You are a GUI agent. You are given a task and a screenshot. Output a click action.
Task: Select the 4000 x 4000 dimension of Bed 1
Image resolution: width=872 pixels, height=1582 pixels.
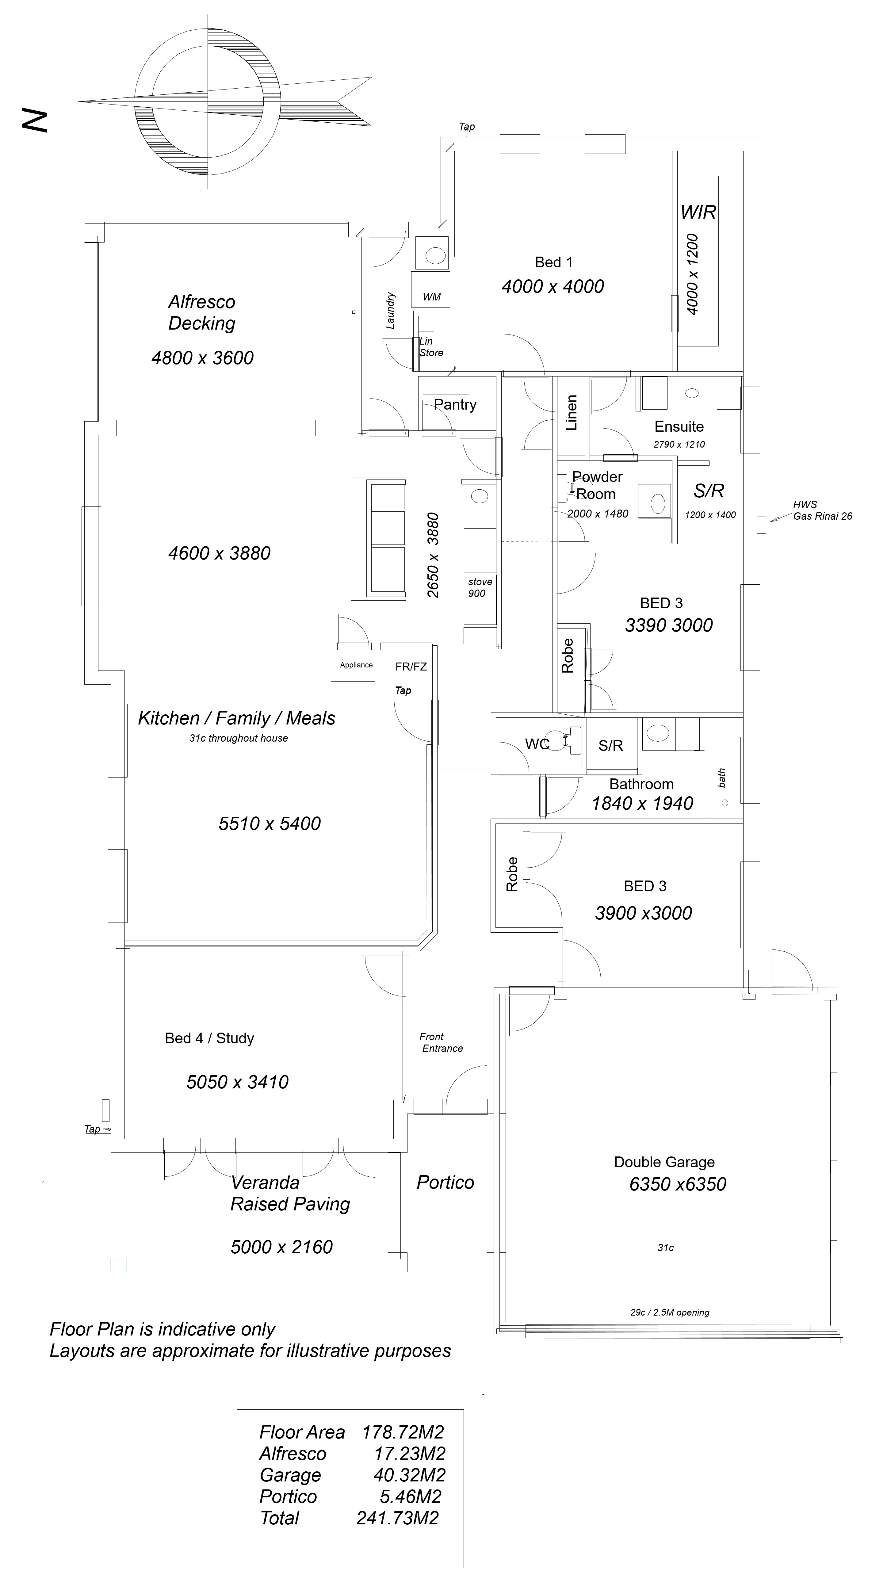pyautogui.click(x=553, y=286)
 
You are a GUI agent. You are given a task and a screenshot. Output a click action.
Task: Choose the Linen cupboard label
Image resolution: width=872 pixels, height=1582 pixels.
pyautogui.click(x=571, y=413)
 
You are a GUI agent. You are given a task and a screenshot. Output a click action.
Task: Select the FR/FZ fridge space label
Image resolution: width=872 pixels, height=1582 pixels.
pyautogui.click(x=411, y=666)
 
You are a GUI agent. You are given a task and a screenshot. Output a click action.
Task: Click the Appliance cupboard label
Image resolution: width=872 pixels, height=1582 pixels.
pyautogui.click(x=356, y=665)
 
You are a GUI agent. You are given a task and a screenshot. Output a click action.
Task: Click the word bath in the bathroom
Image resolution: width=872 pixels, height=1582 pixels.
pyautogui.click(x=722, y=778)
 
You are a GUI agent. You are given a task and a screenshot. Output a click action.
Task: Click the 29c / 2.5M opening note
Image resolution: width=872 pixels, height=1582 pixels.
pyautogui.click(x=669, y=1313)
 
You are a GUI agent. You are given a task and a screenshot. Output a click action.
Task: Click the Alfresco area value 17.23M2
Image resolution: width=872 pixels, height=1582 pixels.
pyautogui.click(x=410, y=1454)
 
